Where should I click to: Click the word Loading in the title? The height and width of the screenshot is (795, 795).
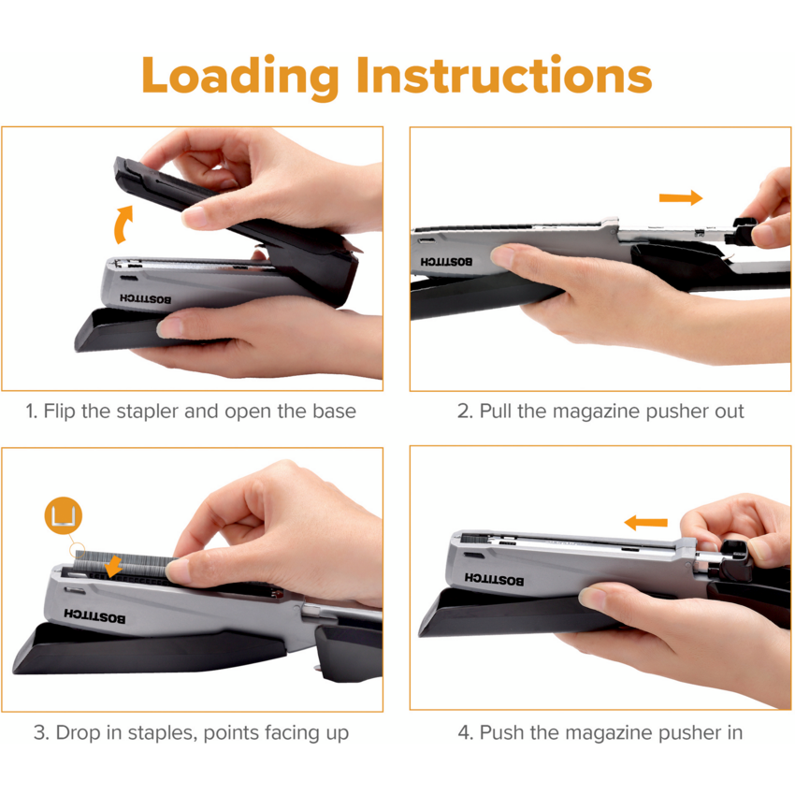240,77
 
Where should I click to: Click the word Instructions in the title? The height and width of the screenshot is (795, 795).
504,75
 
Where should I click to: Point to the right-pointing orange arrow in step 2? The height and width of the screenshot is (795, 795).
680,197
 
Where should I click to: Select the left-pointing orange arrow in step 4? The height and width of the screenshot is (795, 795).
645,522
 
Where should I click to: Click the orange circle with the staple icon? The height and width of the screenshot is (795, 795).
63,515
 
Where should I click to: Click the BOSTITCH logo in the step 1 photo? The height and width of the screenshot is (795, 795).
146,298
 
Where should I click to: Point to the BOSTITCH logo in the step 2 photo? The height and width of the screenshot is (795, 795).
446,262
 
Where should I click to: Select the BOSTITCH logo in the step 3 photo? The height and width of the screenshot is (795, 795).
94,616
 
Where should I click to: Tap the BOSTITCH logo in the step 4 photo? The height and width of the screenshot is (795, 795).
495,580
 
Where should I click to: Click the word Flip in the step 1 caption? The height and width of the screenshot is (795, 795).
59,412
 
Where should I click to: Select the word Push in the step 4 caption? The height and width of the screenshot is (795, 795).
499,732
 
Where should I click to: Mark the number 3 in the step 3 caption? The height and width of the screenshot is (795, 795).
40,733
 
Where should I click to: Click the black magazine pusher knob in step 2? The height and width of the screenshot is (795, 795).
744,231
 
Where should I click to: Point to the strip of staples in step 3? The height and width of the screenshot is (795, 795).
124,567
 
